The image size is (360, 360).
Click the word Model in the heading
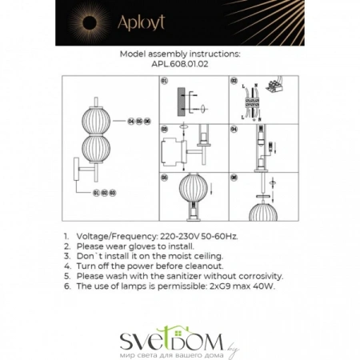134,54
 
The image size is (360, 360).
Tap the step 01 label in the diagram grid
164,81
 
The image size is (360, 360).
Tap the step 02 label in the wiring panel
233,81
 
